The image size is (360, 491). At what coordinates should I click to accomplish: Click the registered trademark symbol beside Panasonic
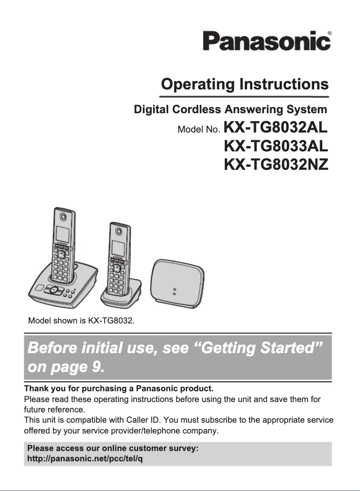tap(330, 33)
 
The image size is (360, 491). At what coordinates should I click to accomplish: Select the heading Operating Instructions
tap(245, 84)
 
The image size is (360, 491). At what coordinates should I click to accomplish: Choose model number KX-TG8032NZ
tap(276, 164)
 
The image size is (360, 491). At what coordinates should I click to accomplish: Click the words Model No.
tap(199, 130)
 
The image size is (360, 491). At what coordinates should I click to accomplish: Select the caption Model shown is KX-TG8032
tap(81, 321)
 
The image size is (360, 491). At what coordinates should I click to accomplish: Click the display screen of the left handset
tap(62, 234)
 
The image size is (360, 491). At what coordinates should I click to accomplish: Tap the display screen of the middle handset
tap(117, 248)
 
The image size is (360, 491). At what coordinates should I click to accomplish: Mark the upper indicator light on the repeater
tap(175, 289)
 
